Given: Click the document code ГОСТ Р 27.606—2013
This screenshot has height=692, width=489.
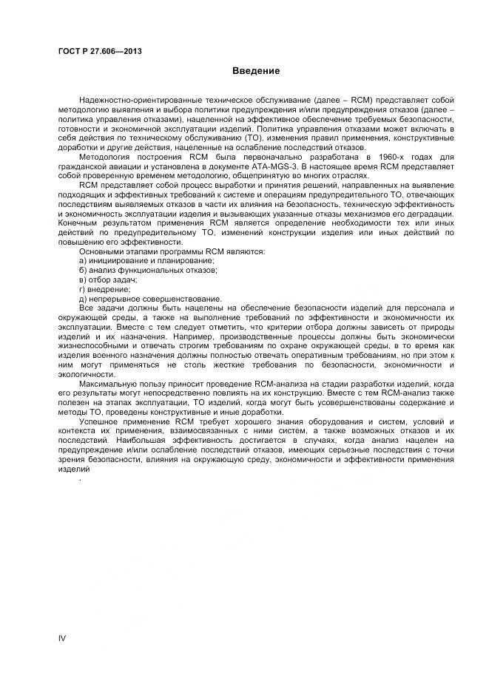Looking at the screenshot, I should (99, 51).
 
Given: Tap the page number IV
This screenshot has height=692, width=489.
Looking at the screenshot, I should (62, 637).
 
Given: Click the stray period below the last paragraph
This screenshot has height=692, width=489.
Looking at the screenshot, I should (80, 478).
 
